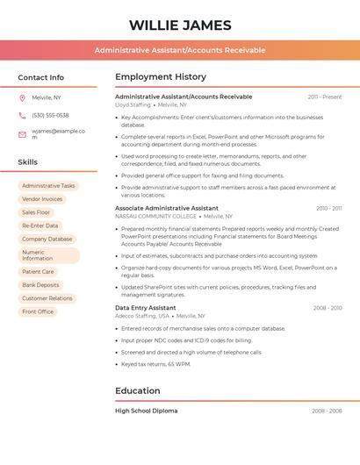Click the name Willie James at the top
pyautogui.click(x=180, y=25)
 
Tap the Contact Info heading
pyautogui.click(x=41, y=77)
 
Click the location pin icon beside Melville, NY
pyautogui.click(x=22, y=97)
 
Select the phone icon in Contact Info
pyautogui.click(x=22, y=115)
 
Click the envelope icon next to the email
pyautogui.click(x=22, y=134)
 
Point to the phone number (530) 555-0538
pyautogui.click(x=50, y=115)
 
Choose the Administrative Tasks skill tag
pyautogui.click(x=48, y=186)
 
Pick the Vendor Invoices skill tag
pyautogui.click(x=42, y=199)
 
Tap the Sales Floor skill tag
pyautogui.click(x=37, y=212)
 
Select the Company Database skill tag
pyautogui.click(x=47, y=239)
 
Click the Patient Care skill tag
pyautogui.click(x=39, y=272)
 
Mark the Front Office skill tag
pyautogui.click(x=38, y=311)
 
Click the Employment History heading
pyautogui.click(x=161, y=77)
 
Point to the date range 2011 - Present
pyautogui.click(x=324, y=97)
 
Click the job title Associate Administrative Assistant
pyautogui.click(x=167, y=208)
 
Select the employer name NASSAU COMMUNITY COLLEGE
pyautogui.click(x=155, y=216)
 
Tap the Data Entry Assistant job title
pyautogui.click(x=146, y=308)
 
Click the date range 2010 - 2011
pyautogui.click(x=328, y=209)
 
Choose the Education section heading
pyautogui.click(x=138, y=390)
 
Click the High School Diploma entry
pyautogui.click(x=147, y=411)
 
